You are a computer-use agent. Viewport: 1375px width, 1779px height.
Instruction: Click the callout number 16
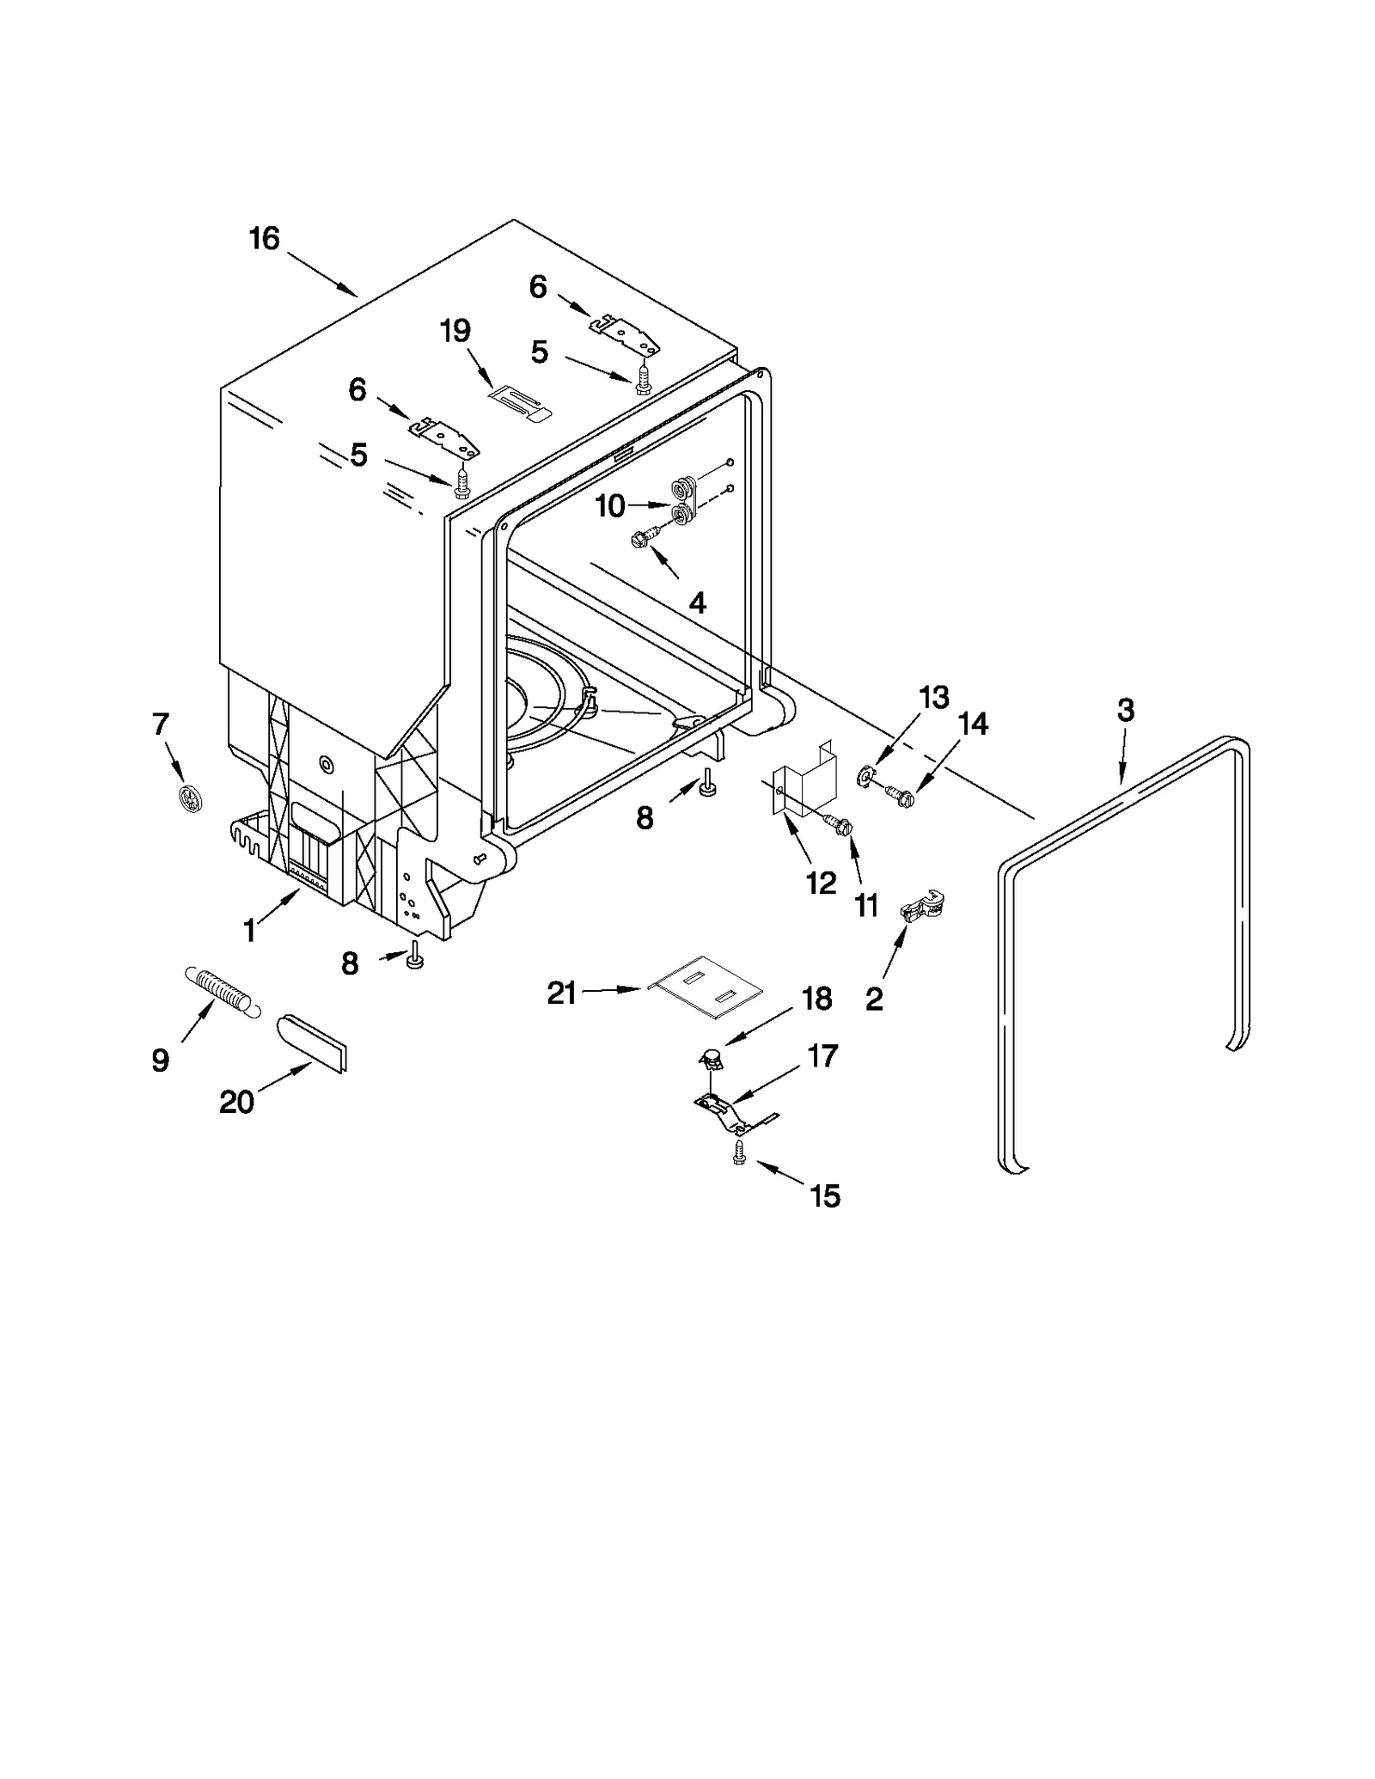pyautogui.click(x=264, y=238)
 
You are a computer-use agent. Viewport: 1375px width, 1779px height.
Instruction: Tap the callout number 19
pyautogui.click(x=455, y=330)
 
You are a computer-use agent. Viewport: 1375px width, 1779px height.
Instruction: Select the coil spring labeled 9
pyautogui.click(x=220, y=990)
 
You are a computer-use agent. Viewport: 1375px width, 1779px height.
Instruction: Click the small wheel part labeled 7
pyautogui.click(x=190, y=799)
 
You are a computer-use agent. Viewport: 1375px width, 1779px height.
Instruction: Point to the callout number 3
pyautogui.click(x=1125, y=710)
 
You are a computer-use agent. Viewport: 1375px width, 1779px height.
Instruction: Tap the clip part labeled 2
pyautogui.click(x=920, y=907)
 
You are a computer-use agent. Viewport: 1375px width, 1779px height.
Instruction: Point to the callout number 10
pyautogui.click(x=610, y=506)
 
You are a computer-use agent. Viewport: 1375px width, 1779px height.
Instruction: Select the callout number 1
pyautogui.click(x=249, y=930)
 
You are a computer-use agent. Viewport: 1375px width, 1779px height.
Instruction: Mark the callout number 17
pyautogui.click(x=822, y=1055)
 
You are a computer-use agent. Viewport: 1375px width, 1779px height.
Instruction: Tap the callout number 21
pyautogui.click(x=562, y=993)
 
